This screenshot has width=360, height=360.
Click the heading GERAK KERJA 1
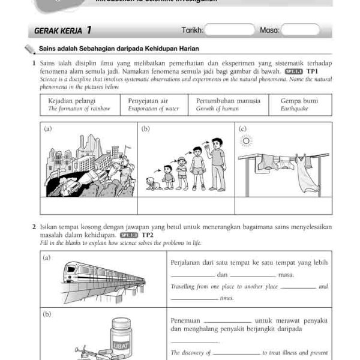(x=63, y=29)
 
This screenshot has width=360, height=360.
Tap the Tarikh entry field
(x=230, y=29)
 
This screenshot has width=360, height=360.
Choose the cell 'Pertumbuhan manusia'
(x=228, y=104)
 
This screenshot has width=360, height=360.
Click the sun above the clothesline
(x=245, y=140)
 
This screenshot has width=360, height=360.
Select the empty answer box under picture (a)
(x=89, y=205)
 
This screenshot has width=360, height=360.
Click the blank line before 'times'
(x=194, y=298)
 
